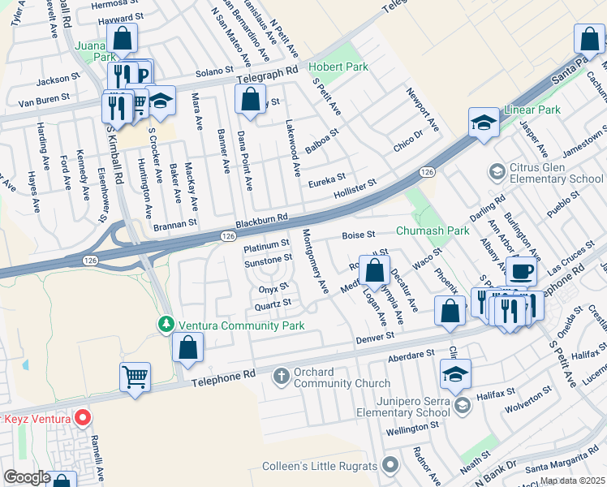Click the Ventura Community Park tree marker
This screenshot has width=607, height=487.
click(x=166, y=325)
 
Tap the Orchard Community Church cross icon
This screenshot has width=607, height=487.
click(x=281, y=376)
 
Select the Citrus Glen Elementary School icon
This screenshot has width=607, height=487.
click(x=495, y=171)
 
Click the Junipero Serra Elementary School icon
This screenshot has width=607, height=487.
click(x=462, y=405)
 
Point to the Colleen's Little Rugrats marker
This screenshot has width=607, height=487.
click(x=391, y=466)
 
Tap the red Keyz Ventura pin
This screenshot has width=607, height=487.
click(x=82, y=419)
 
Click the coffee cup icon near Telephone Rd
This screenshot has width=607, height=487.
click(x=521, y=270)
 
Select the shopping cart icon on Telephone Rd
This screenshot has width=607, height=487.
click(x=135, y=375)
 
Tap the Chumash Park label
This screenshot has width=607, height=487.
click(x=433, y=231)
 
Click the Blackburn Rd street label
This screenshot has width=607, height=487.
click(x=262, y=219)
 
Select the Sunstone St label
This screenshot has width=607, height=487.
click(x=268, y=259)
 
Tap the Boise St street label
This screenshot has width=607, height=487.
click(x=358, y=235)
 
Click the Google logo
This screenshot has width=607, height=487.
click(x=27, y=476)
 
